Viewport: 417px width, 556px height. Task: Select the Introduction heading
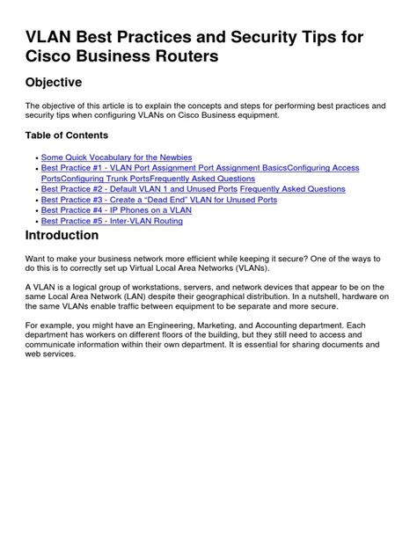tap(62, 236)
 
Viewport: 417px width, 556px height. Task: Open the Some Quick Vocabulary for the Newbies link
tap(116, 157)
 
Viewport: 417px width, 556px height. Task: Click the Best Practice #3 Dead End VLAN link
tap(158, 200)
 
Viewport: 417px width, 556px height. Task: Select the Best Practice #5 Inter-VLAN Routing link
tap(112, 221)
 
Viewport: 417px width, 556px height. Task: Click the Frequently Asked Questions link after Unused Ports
tap(292, 189)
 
